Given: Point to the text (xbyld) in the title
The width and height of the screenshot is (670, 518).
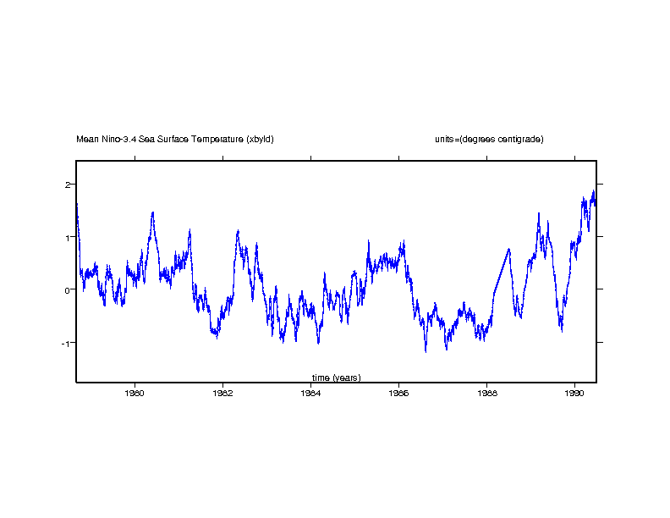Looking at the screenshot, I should pyautogui.click(x=260, y=139).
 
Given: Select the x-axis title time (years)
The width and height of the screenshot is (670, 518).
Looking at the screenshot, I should pyautogui.click(x=336, y=377).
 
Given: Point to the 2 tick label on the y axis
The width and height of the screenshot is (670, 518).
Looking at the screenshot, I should pyautogui.click(x=68, y=185).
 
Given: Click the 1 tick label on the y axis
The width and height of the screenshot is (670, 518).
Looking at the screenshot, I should pyautogui.click(x=68, y=237).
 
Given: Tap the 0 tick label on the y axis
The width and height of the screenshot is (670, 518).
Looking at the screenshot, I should pyautogui.click(x=68, y=289).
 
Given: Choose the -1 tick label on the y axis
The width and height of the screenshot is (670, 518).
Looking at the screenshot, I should pyautogui.click(x=66, y=342).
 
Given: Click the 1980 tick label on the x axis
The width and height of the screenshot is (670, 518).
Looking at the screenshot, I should pyautogui.click(x=135, y=393).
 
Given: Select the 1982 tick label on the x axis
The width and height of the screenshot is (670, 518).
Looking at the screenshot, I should pyautogui.click(x=222, y=393).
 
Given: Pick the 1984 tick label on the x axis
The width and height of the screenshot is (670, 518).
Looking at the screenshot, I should pyautogui.click(x=310, y=393).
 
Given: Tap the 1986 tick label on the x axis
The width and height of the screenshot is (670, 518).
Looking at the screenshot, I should pyautogui.click(x=398, y=393).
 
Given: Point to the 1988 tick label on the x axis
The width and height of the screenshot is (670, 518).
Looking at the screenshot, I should pyautogui.click(x=486, y=393).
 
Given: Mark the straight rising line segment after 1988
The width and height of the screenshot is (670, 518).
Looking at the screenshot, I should pyautogui.click(x=501, y=271).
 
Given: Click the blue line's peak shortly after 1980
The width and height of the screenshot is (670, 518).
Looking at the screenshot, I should pyautogui.click(x=153, y=212).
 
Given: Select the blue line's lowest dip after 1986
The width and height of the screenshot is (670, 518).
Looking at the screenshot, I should pyautogui.click(x=426, y=351).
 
